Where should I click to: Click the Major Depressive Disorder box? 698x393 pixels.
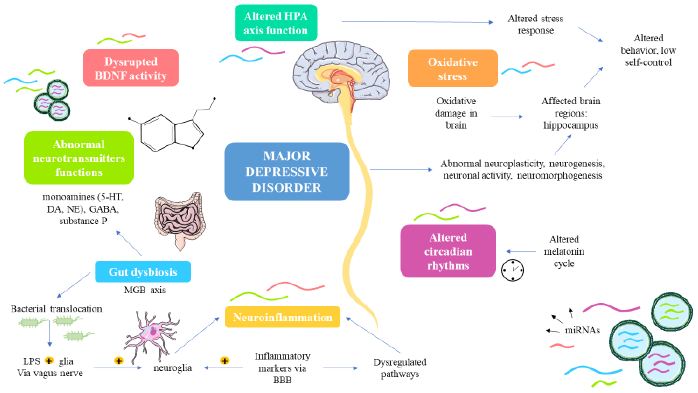(x=287, y=172)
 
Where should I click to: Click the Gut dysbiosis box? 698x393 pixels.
(x=143, y=272)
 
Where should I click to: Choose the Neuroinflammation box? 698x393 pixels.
(x=282, y=317)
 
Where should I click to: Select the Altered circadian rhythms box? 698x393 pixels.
(x=448, y=251)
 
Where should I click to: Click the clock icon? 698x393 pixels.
(x=512, y=270)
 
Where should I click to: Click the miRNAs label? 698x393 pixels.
(x=582, y=330)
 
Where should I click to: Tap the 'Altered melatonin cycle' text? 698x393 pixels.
(x=564, y=251)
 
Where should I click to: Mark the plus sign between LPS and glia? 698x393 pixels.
(x=49, y=361)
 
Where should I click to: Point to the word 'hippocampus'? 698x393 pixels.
(x=571, y=125)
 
